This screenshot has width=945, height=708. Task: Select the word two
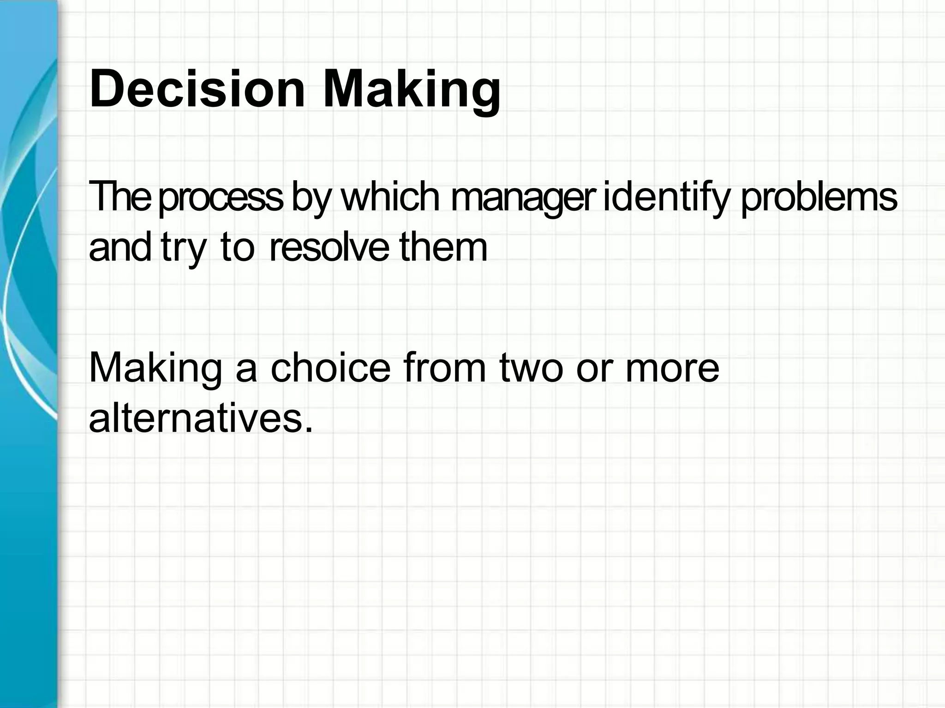pos(531,368)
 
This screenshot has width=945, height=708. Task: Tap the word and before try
pos(120,247)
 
